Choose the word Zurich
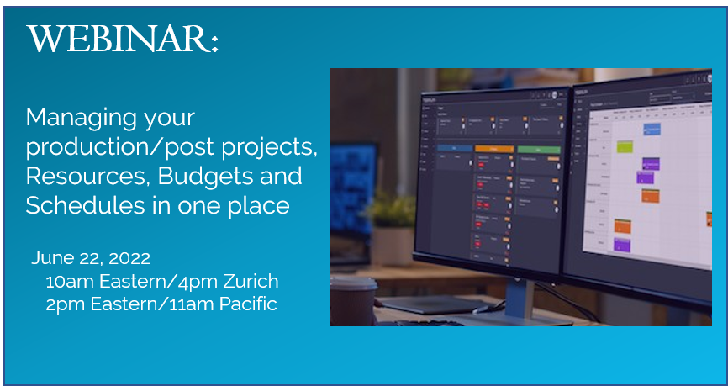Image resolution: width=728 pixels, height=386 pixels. pos(248,282)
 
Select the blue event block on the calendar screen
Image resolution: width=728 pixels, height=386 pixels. pos(652,130)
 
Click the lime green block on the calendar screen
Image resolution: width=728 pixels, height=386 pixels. pos(625,146)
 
